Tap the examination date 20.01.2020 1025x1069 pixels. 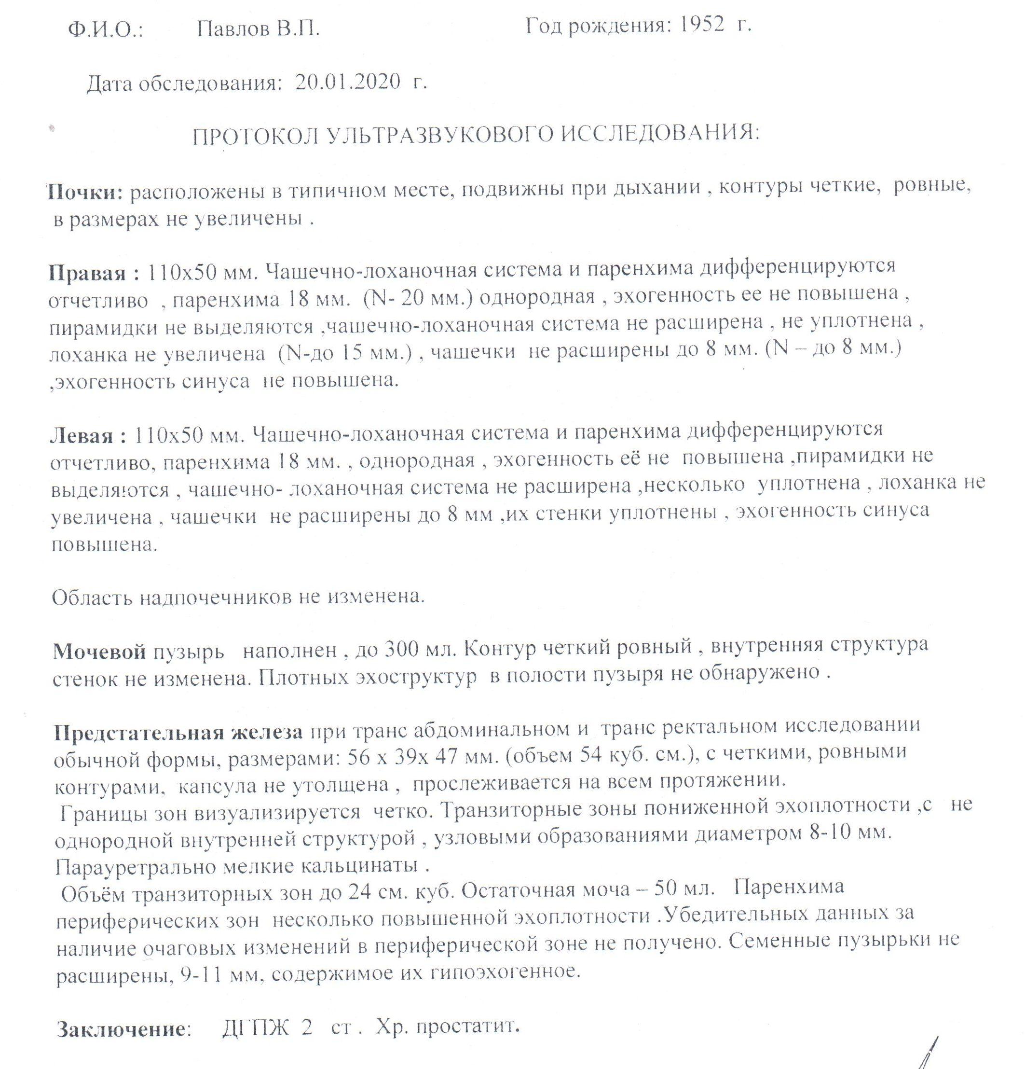343,83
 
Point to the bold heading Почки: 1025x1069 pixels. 87,191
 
